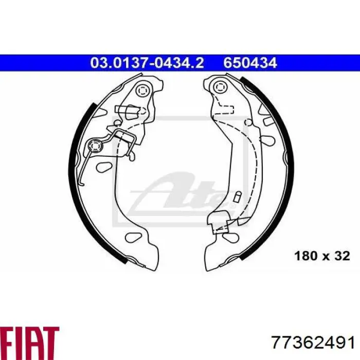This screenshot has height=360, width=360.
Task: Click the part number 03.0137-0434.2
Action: tap(147, 63)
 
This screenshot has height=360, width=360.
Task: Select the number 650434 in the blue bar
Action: tap(250, 63)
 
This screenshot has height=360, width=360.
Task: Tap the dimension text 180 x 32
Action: tap(322, 256)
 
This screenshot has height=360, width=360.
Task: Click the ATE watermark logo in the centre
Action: tap(180, 194)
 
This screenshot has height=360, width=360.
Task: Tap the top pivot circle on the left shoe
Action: tap(142, 90)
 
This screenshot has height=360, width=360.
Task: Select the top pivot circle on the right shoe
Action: tap(220, 86)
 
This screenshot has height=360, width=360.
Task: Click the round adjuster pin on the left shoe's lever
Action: tap(95, 146)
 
